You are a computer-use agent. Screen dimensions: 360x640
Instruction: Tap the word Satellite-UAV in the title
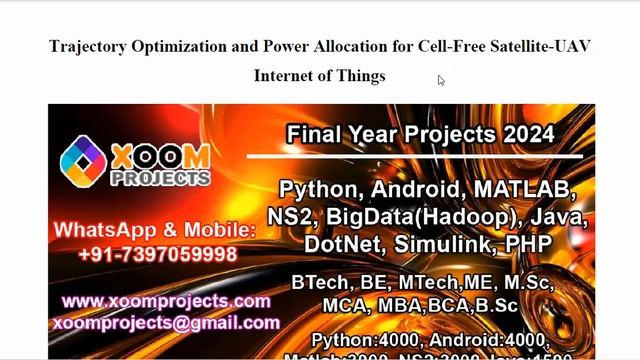[545, 45]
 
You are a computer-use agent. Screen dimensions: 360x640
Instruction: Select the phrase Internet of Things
[319, 75]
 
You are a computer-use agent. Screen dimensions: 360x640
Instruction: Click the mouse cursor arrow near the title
[441, 80]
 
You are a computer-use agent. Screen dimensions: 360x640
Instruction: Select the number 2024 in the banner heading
[525, 133]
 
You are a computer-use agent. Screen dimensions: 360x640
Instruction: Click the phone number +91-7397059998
[159, 254]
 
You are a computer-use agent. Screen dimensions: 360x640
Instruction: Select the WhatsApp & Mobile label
[155, 230]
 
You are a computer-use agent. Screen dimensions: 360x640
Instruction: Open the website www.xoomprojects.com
[166, 301]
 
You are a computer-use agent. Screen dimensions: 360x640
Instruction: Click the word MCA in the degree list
[343, 305]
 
